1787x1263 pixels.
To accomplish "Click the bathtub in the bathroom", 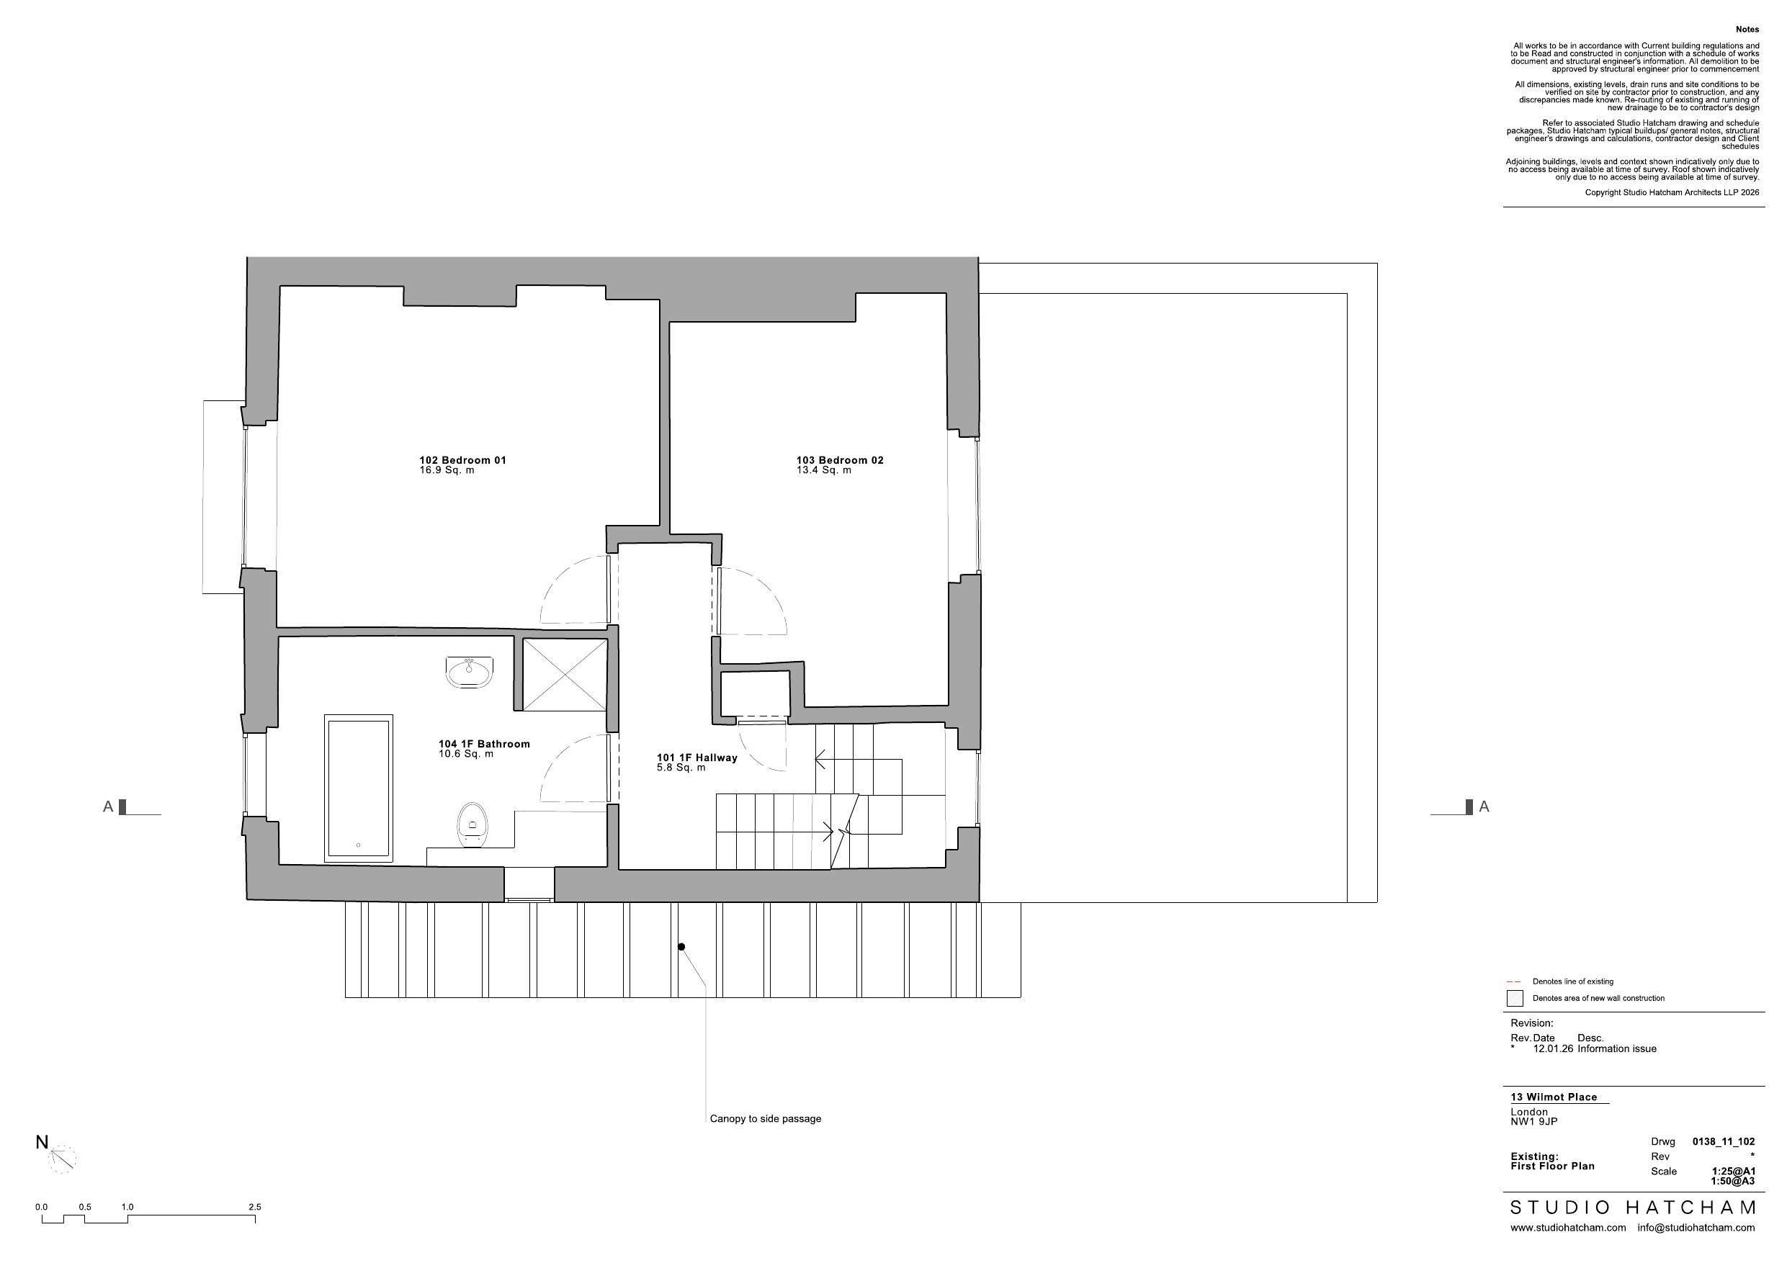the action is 358,788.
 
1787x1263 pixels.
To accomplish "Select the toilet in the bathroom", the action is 472,824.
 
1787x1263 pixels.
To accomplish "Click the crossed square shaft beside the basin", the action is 564,674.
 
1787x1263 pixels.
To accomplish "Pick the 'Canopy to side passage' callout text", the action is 765,1119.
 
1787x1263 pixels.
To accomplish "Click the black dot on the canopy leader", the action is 681,947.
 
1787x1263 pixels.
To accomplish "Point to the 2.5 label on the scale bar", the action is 254,1207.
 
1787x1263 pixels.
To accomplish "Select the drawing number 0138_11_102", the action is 1724,1142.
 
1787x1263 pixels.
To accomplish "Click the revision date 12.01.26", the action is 1553,1049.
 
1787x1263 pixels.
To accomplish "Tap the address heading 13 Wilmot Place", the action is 1554,1097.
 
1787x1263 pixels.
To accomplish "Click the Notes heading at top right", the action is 1747,30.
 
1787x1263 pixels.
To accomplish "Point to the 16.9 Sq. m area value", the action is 447,470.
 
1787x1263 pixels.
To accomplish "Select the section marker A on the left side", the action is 108,807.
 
